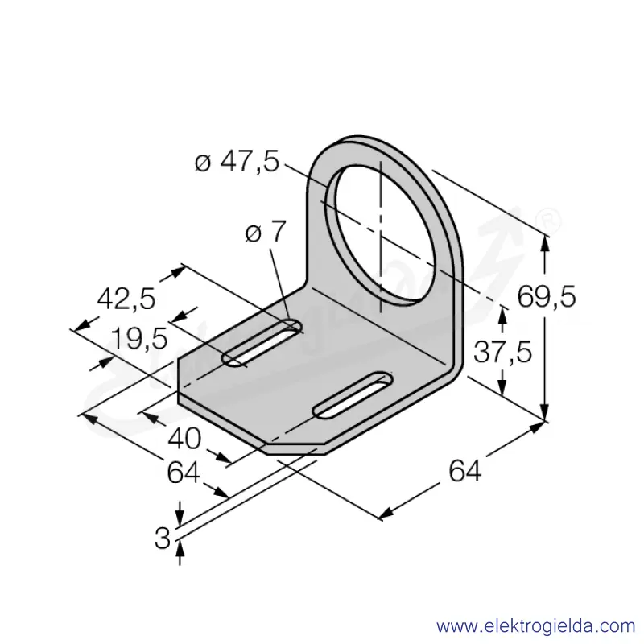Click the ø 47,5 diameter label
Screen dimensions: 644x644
click(x=237, y=162)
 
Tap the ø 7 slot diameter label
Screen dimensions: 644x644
click(x=266, y=233)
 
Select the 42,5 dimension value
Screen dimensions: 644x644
click(x=126, y=298)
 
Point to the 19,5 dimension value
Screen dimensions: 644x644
click(x=139, y=339)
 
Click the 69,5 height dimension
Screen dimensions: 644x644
click(x=547, y=296)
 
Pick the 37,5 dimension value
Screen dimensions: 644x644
click(x=502, y=352)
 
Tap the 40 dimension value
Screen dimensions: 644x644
click(x=184, y=438)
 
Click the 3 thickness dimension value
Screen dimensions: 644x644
click(x=163, y=538)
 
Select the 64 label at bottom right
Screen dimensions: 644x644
click(x=465, y=471)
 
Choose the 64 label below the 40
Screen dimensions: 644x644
click(x=184, y=473)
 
